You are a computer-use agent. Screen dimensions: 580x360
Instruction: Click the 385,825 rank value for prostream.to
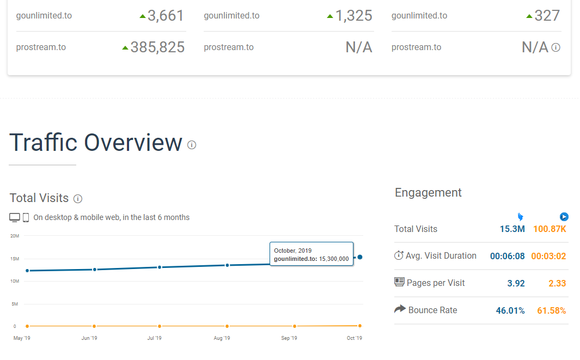click(157, 47)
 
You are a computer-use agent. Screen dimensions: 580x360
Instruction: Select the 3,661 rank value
click(166, 16)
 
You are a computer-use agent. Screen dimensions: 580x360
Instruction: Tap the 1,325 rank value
click(353, 16)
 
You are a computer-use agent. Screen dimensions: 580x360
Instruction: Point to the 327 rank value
click(547, 16)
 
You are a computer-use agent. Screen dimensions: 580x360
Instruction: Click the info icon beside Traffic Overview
click(192, 145)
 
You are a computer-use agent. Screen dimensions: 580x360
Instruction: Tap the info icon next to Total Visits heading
click(78, 199)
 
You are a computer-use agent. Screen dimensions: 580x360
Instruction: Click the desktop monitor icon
click(14, 217)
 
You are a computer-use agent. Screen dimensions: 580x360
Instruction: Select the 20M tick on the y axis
click(14, 236)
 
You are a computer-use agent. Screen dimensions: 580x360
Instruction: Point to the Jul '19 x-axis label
click(154, 338)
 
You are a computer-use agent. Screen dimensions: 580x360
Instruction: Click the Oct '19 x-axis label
click(355, 338)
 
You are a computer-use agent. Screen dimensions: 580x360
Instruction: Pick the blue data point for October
click(360, 257)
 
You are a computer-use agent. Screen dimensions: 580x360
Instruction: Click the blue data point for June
click(95, 270)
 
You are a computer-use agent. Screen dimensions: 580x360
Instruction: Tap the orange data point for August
click(227, 326)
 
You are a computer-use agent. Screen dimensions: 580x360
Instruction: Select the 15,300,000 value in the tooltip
click(334, 259)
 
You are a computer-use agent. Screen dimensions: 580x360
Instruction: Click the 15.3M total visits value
click(512, 229)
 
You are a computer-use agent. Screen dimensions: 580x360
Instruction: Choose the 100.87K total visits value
click(550, 229)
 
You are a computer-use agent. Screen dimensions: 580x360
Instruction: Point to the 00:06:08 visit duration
click(507, 256)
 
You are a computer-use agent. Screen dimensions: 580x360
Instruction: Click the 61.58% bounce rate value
click(552, 310)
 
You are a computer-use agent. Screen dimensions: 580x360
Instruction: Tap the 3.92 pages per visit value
click(516, 283)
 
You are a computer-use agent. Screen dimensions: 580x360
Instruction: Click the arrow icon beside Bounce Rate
click(400, 309)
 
